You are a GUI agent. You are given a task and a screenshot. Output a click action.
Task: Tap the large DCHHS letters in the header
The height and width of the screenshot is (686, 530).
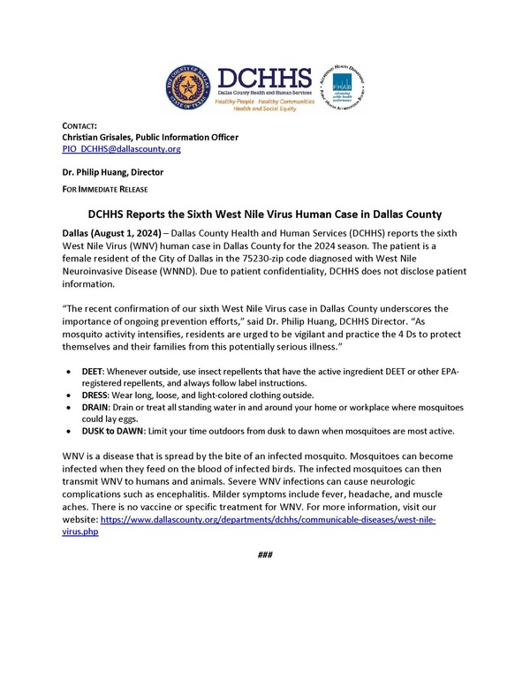[x=258, y=77]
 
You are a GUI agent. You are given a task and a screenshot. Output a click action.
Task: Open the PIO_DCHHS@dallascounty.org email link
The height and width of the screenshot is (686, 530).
[x=121, y=149]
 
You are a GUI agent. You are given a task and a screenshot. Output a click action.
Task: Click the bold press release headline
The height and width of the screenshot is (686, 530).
[x=265, y=215]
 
